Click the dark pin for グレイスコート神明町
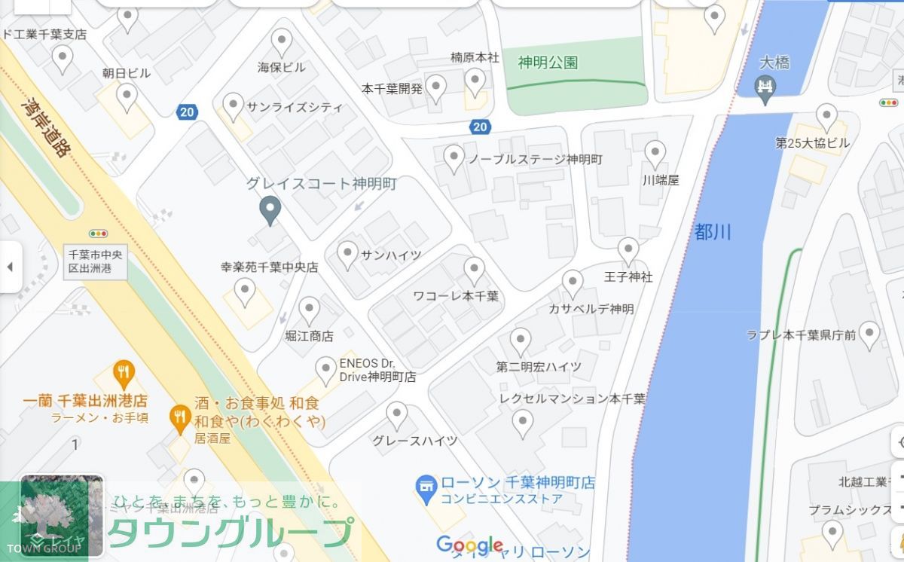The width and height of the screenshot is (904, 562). pos(270,209)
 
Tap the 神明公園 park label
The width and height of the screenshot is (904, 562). pos(548,62)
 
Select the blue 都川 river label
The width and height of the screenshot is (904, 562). pos(712,232)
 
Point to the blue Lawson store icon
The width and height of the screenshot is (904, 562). pos(426,488)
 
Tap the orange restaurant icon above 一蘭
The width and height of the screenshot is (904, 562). pos(124,372)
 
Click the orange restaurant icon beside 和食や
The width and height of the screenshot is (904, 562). pos(179,417)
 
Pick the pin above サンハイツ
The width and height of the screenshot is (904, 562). pos(347,254)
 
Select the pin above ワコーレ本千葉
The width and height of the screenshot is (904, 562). pos(474,270)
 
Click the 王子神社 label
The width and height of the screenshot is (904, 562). pos(628,277)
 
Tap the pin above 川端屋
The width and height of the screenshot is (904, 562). pos(655,153)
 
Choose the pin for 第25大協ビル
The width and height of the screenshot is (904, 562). pos(826,117)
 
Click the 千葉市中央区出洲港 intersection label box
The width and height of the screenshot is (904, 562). pos(96,261)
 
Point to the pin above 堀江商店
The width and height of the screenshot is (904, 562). pos(309,310)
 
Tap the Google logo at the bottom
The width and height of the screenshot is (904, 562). pos(469,545)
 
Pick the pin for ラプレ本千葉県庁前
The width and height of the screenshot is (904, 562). pos(869,334)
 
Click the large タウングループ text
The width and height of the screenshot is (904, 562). pos(230,533)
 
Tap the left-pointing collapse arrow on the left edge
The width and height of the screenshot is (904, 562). pos(10,267)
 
